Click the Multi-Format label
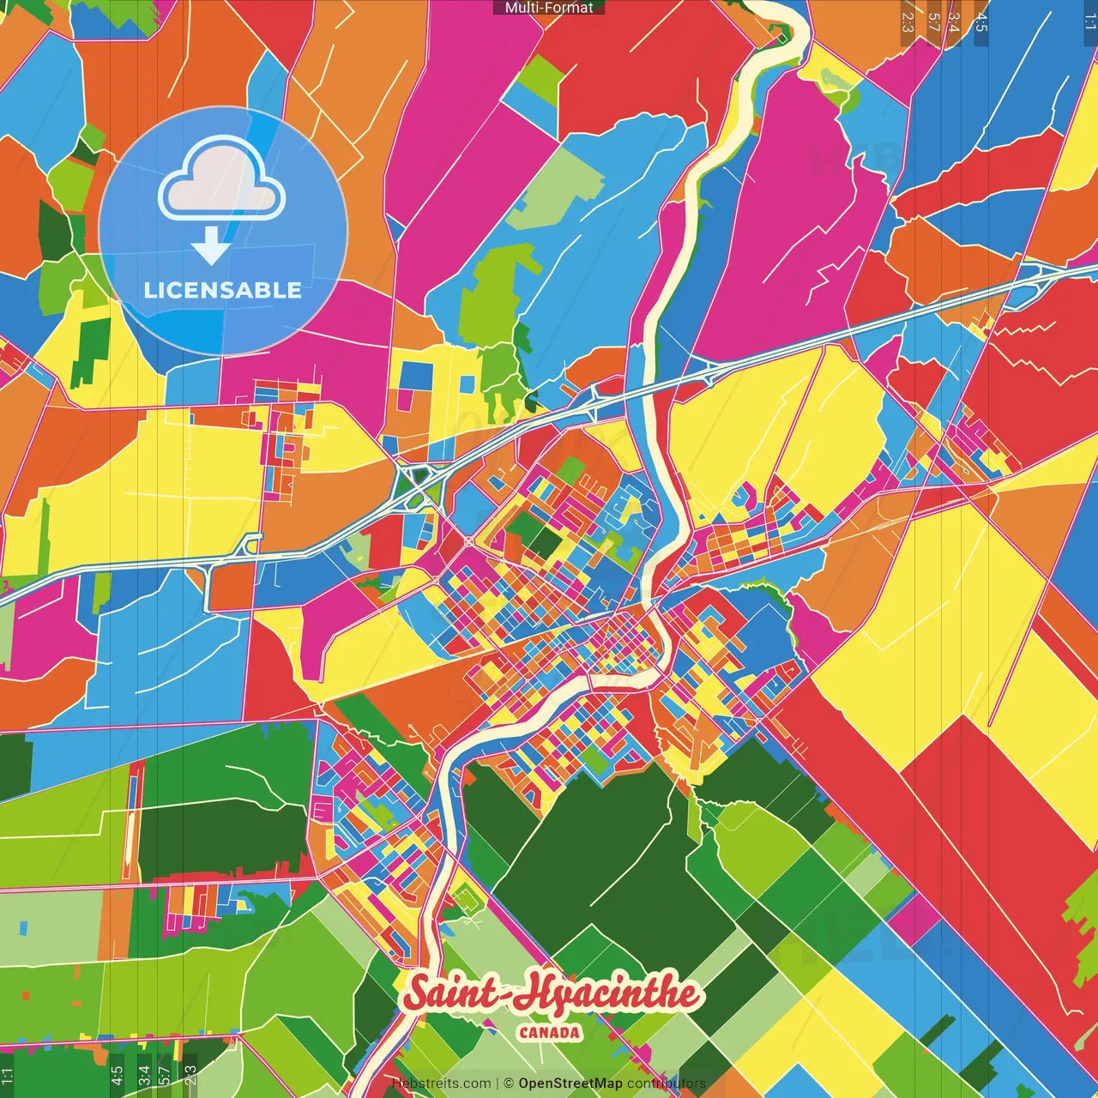pyautogui.click(x=548, y=8)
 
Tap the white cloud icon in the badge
pyautogui.click(x=221, y=184)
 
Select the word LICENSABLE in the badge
pyautogui.click(x=222, y=290)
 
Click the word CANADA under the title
pyautogui.click(x=549, y=1033)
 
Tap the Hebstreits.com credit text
pyautogui.click(x=441, y=1083)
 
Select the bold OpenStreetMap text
pyautogui.click(x=570, y=1083)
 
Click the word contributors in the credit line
pyautogui.click(x=666, y=1083)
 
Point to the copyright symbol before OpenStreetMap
pyautogui.click(x=508, y=1083)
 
